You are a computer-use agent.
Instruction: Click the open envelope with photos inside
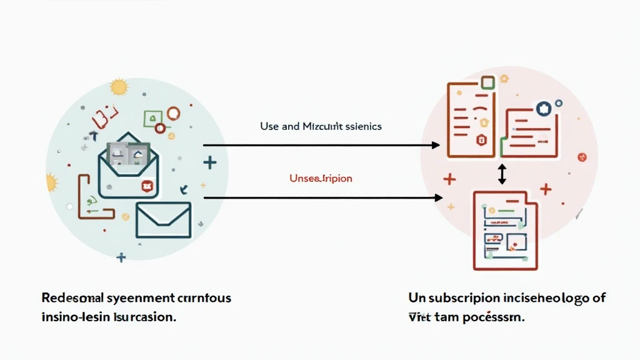(129, 164)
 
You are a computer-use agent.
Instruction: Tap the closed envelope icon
(163, 219)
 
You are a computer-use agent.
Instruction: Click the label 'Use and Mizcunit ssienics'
(321, 126)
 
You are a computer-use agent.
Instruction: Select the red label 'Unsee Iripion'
(321, 179)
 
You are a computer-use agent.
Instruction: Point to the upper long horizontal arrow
(321, 146)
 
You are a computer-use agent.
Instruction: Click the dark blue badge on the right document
(543, 107)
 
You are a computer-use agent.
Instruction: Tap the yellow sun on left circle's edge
(52, 182)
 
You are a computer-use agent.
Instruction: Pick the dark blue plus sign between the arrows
(210, 163)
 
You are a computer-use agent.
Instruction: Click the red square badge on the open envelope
(147, 185)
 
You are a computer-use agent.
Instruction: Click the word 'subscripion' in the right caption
(464, 298)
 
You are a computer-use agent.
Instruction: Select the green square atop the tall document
(488, 82)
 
